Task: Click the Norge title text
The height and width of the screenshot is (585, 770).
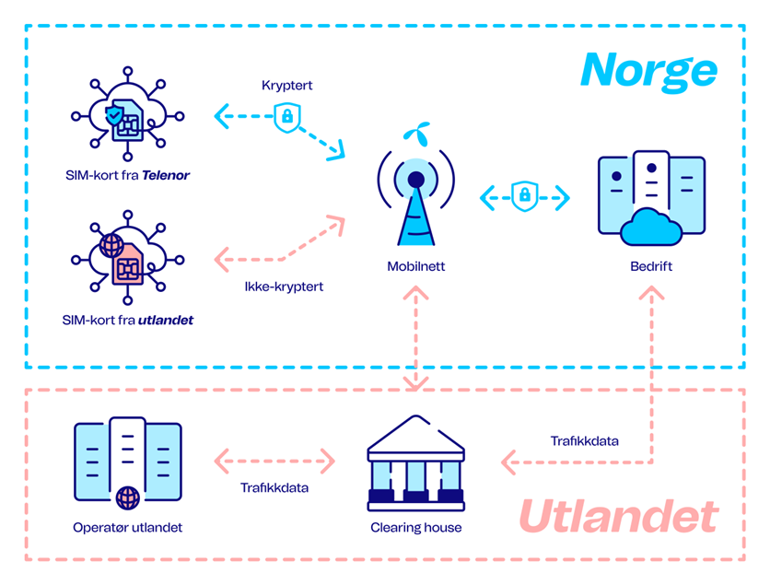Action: (x=648, y=70)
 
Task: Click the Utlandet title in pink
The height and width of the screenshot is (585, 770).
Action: (x=618, y=517)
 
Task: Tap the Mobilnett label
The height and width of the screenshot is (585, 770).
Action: (x=416, y=268)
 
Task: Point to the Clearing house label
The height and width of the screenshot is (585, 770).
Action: (x=416, y=528)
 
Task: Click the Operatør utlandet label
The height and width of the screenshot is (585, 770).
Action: (x=128, y=528)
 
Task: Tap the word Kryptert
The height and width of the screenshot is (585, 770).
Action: (x=287, y=85)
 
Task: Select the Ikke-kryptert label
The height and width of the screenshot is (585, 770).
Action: (x=284, y=287)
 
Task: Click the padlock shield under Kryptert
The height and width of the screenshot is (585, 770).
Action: (x=287, y=117)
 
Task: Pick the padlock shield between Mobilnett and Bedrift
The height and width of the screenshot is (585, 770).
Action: (x=524, y=195)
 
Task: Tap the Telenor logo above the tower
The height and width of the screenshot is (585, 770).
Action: (x=416, y=135)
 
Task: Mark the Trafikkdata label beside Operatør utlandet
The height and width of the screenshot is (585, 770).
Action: (x=274, y=487)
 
